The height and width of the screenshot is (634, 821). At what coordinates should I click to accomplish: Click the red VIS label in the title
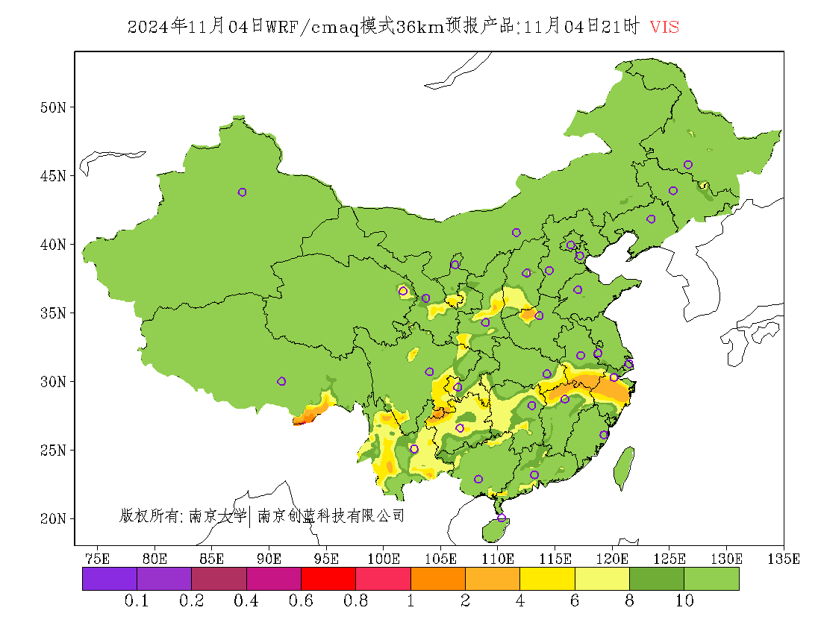pos(664,27)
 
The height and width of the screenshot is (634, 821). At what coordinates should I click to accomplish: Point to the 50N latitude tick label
pos(52,107)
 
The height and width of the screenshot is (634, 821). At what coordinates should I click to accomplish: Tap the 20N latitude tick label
pos(52,518)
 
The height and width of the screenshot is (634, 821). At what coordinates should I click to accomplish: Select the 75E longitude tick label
pos(97,558)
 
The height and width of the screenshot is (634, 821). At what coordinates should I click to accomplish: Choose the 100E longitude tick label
pos(384,558)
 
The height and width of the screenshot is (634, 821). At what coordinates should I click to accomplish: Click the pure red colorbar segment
pos(328,579)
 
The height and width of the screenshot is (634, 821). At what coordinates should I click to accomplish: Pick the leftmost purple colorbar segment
pos(110,579)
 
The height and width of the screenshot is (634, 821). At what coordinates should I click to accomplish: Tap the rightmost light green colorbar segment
pos(711,579)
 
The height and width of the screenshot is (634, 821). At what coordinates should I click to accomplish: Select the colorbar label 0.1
pos(137,601)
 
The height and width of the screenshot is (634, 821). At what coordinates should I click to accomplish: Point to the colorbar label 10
pos(684,601)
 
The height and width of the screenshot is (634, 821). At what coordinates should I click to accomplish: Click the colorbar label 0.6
pos(301,601)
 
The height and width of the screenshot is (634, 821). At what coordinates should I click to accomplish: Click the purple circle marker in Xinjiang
pos(242,192)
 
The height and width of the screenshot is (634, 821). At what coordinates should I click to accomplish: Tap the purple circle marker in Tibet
pos(281,381)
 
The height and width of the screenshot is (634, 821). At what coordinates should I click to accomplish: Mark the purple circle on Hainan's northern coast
pos(501,518)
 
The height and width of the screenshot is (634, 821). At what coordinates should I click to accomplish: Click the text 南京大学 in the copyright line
pos(217,515)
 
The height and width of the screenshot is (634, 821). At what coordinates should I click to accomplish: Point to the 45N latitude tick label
pos(52,176)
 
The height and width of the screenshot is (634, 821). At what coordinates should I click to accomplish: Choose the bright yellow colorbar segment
pos(547,579)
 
